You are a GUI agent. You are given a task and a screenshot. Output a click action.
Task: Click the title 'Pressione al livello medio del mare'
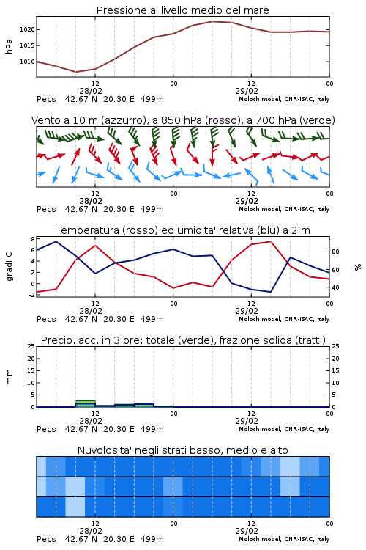[182, 10]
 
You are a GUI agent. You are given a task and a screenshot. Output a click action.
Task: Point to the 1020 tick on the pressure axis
[27, 29]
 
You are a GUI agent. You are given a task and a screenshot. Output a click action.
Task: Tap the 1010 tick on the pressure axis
[27, 62]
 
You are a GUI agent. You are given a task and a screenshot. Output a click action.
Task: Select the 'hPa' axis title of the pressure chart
[9, 46]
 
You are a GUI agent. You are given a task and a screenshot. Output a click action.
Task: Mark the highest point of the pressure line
[212, 21]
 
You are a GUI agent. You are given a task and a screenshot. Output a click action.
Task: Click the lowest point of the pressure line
[75, 72]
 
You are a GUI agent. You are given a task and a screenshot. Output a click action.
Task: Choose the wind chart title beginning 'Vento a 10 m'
[183, 120]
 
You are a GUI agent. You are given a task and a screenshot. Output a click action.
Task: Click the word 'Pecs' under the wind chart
[46, 209]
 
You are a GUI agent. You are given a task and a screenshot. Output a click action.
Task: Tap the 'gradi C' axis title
[9, 266]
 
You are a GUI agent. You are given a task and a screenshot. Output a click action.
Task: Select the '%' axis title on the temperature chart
[358, 267]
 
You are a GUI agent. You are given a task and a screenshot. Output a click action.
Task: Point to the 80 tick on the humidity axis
[335, 252]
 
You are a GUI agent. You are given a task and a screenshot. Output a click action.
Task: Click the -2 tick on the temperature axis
[32, 295]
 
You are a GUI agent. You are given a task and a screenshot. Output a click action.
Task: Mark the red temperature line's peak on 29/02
[270, 241]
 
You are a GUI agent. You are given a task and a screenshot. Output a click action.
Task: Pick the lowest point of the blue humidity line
[270, 292]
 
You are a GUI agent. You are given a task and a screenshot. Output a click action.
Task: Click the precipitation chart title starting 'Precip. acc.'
[183, 340]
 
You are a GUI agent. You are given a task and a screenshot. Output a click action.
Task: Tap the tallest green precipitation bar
[86, 403]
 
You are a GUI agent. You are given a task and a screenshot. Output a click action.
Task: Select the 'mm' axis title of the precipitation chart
[9, 377]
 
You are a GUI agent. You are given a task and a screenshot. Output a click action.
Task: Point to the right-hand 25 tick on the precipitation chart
[335, 346]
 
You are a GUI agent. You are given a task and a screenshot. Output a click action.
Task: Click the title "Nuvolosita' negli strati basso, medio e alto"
[183, 450]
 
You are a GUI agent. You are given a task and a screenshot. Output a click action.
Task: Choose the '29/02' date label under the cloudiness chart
[247, 531]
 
